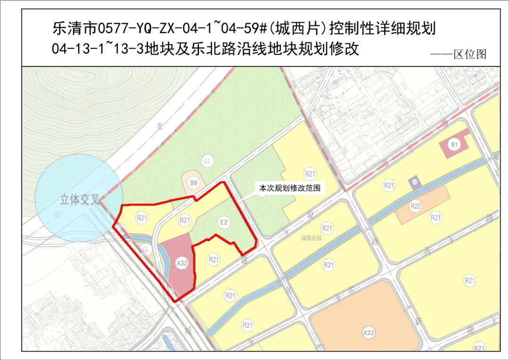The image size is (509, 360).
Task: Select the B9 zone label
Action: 193,182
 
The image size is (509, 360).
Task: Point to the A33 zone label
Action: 369,333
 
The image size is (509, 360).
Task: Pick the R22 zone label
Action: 415,206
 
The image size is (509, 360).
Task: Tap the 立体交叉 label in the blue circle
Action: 79,200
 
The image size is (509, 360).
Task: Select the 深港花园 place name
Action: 311,238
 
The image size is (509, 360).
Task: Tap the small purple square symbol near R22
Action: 415,182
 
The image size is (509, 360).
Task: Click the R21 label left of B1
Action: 389,186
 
